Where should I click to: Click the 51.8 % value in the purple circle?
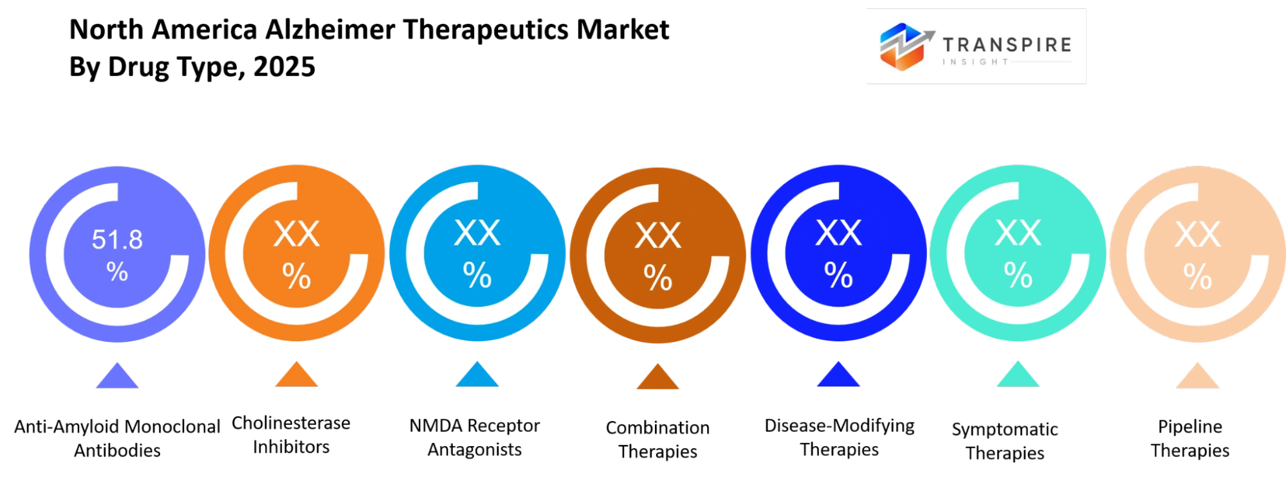click(117, 255)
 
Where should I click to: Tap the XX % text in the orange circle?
click(297, 255)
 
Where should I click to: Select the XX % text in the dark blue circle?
click(839, 255)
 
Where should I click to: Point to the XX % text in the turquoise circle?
click(1018, 255)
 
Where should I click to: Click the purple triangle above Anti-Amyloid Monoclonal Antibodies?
click(117, 376)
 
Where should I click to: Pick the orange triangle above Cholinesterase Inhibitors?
click(297, 375)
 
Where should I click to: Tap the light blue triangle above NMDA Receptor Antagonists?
click(477, 375)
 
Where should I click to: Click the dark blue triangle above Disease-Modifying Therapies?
click(838, 375)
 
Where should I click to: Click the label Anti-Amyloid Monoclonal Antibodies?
click(117, 438)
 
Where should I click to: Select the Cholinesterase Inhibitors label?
click(291, 435)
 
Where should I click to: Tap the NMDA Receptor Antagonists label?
click(475, 437)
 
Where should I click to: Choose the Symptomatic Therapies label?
click(1005, 441)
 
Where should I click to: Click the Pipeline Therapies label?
click(1190, 438)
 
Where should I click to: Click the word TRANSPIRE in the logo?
click(1007, 45)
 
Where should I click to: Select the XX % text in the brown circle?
click(658, 256)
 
